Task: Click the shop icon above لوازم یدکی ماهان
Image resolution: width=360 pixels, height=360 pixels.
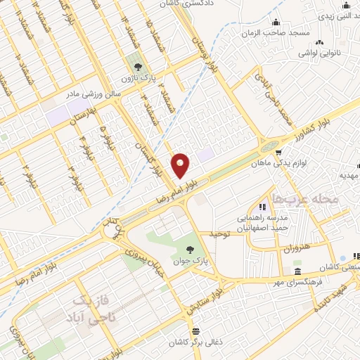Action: tap(279, 152)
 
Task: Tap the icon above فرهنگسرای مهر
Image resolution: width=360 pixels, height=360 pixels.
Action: tap(297, 272)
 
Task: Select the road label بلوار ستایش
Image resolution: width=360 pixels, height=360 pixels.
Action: tap(204, 295)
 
